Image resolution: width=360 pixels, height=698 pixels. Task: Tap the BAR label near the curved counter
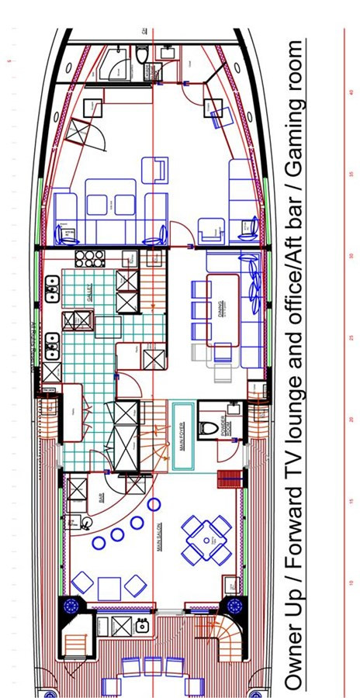102,497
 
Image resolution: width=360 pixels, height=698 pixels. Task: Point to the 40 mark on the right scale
351,92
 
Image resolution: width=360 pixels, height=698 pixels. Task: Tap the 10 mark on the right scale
351,582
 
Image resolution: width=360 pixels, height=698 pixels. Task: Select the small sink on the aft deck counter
142,626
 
